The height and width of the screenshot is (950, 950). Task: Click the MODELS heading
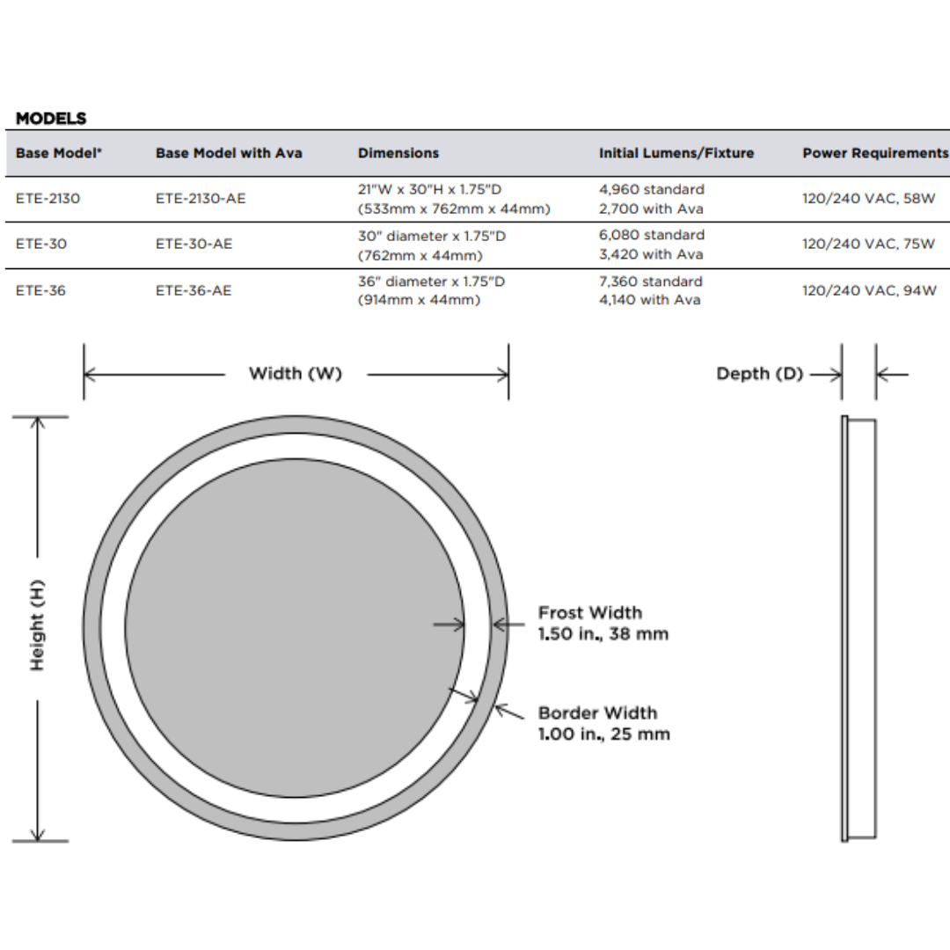click(x=51, y=118)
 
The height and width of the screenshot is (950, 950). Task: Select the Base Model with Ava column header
click(x=229, y=153)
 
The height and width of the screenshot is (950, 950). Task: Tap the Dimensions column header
click(x=398, y=153)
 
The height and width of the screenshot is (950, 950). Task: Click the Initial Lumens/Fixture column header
click(x=676, y=153)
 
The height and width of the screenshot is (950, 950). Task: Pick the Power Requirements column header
click(x=874, y=153)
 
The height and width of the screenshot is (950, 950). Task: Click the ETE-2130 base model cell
click(x=47, y=199)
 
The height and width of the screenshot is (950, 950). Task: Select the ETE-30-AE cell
click(x=194, y=245)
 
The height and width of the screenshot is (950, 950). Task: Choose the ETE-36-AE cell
click(x=194, y=290)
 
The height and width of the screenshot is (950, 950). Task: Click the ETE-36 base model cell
click(x=40, y=290)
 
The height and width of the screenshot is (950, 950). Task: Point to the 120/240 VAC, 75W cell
click(x=868, y=245)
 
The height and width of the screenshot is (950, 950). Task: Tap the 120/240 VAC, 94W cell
click(x=868, y=290)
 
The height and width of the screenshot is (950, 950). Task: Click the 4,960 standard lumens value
click(x=651, y=190)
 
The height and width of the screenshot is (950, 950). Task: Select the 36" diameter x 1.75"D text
click(x=431, y=281)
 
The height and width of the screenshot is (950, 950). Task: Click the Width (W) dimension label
click(x=296, y=374)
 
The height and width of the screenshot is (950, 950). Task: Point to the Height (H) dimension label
click(x=37, y=625)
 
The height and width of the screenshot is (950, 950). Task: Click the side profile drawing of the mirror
click(x=859, y=629)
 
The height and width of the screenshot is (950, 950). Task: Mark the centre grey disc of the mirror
click(x=295, y=628)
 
